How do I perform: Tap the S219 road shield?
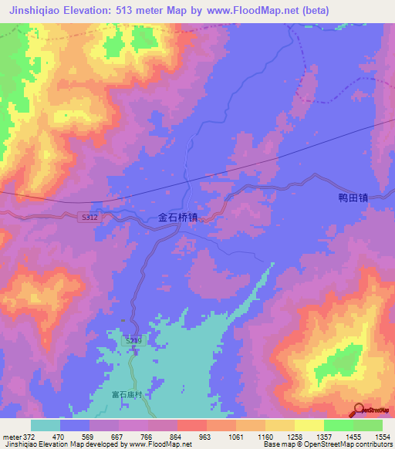pyautogui.click(x=133, y=340)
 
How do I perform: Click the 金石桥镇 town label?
pyautogui.click(x=178, y=218)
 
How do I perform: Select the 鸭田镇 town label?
pyautogui.click(x=354, y=197)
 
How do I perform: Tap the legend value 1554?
pyautogui.click(x=380, y=437)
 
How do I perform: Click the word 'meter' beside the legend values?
pyautogui.click(x=11, y=437)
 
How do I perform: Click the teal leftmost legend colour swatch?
pyautogui.click(x=45, y=425)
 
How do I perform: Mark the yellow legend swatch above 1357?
pyautogui.click(x=309, y=425)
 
